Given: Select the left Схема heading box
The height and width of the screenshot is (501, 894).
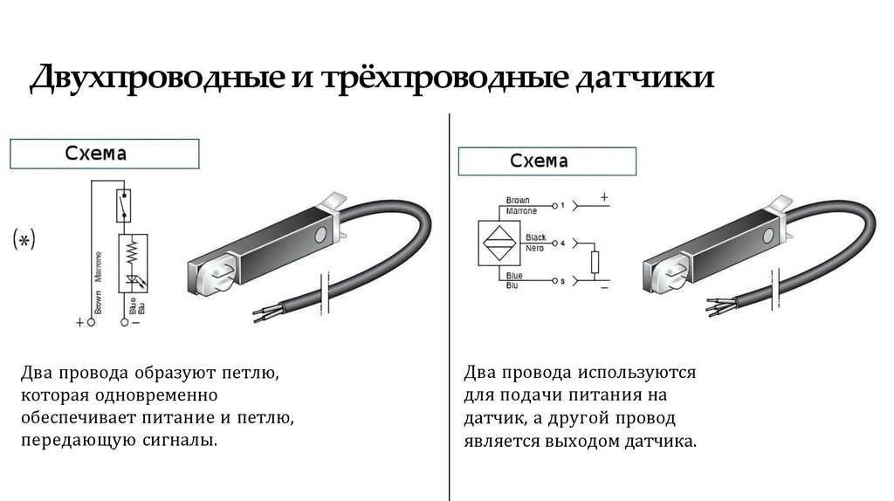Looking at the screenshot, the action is [104, 154].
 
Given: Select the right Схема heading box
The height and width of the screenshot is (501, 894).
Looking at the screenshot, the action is [547, 161].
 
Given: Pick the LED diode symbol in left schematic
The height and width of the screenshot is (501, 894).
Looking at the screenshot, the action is [134, 280].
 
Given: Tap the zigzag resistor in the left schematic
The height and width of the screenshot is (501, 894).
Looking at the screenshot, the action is [134, 251].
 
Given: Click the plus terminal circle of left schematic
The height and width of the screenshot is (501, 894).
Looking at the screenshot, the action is [92, 322].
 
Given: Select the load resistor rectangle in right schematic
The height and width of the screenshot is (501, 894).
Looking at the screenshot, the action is [595, 262].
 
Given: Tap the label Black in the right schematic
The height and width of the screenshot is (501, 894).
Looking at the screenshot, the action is [535, 237].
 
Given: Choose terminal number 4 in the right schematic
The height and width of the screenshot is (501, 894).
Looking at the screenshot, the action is [563, 242].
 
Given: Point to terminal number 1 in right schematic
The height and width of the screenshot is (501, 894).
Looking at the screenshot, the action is [563, 204].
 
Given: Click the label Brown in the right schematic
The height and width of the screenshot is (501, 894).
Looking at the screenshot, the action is [518, 200].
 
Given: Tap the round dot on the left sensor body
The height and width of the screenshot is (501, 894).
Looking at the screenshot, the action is [322, 234].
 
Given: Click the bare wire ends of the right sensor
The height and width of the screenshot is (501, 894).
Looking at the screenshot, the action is [711, 305].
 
